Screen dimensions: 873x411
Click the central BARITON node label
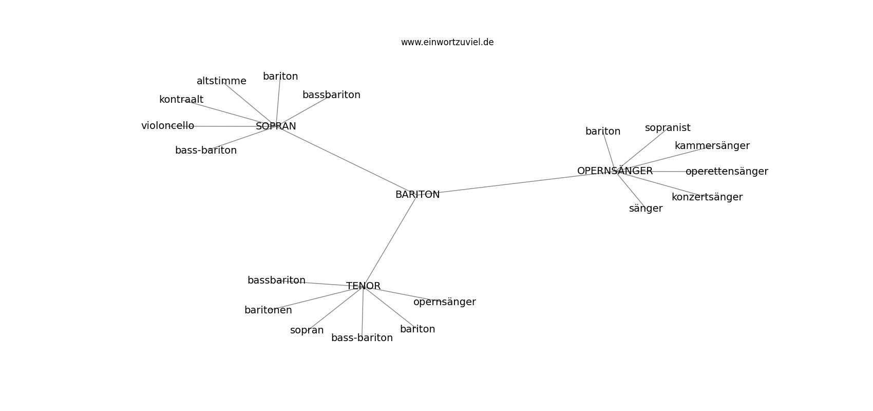click(417, 195)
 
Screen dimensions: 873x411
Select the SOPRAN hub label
click(276, 126)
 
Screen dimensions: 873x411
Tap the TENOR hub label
click(363, 286)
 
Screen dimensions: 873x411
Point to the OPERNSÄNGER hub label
click(615, 171)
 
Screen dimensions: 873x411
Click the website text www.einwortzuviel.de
click(447, 42)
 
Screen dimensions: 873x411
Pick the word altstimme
click(221, 81)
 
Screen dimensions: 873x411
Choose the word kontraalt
click(181, 100)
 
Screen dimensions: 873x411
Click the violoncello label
click(167, 125)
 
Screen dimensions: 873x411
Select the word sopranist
click(668, 128)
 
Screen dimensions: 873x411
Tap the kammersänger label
click(712, 146)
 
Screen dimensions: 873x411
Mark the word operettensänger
click(727, 172)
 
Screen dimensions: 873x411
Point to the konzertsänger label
click(707, 197)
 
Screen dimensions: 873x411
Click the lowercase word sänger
click(646, 209)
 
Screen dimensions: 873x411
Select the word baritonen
click(268, 310)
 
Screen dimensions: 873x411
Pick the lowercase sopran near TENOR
click(307, 331)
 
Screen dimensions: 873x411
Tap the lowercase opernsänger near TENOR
click(445, 302)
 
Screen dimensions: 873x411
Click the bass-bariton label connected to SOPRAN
click(206, 151)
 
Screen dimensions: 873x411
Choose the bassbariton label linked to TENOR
click(276, 281)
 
